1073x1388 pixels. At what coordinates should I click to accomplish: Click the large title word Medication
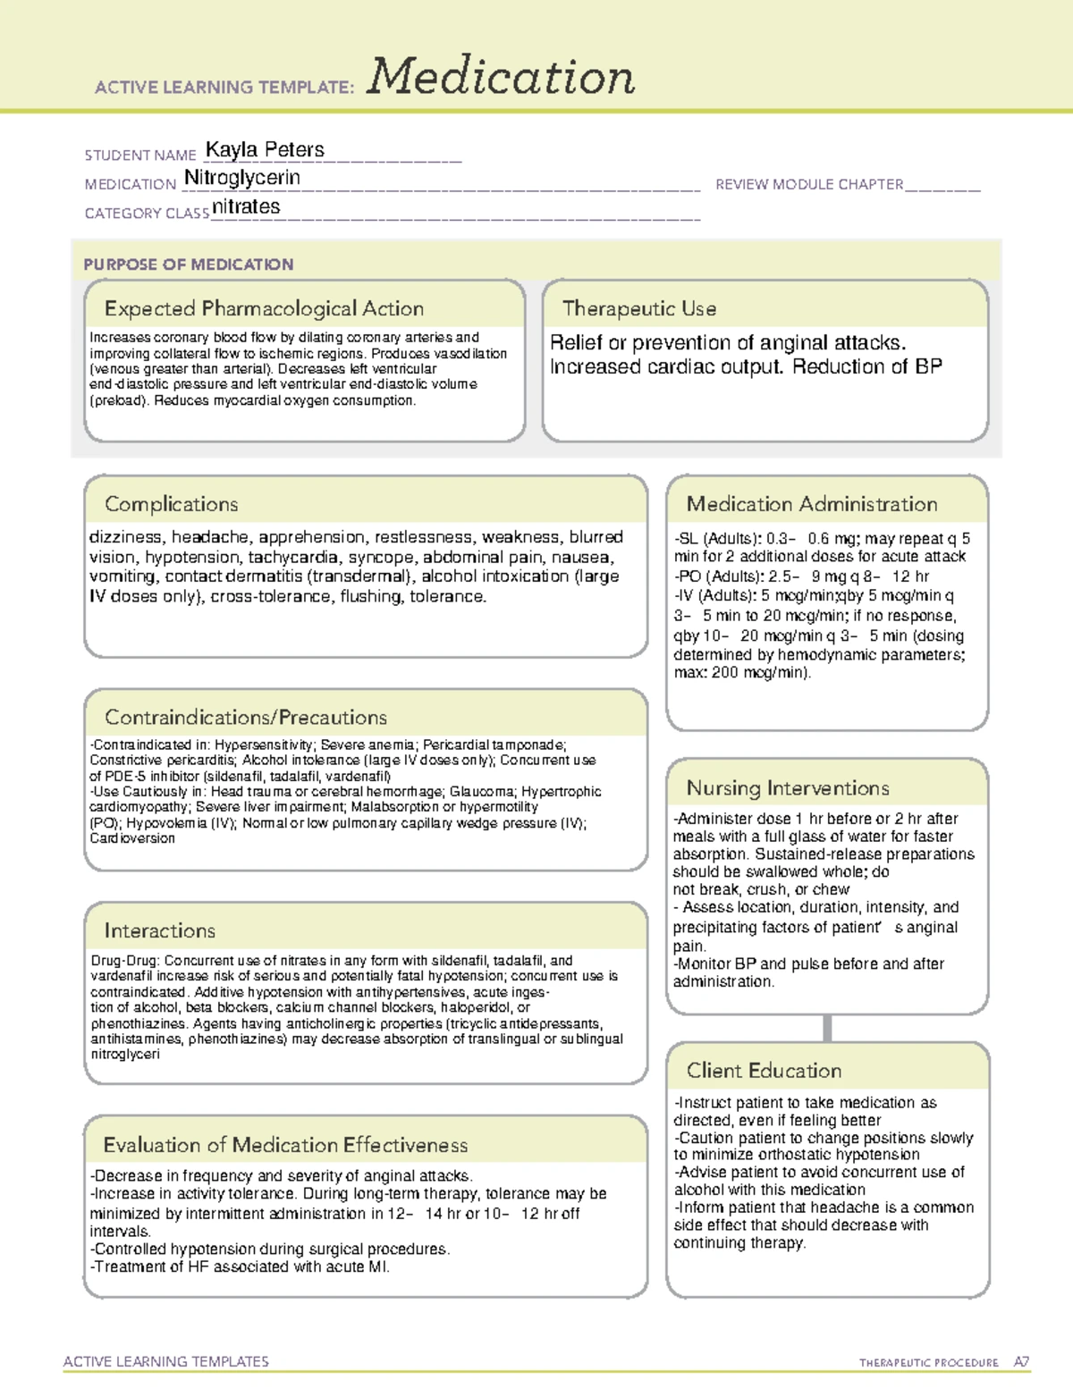point(501,77)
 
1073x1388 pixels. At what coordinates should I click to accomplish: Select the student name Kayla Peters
point(265,150)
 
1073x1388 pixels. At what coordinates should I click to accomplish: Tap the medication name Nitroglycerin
point(241,178)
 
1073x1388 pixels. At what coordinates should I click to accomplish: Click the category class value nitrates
point(246,207)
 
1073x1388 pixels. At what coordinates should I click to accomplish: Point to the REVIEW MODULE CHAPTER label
point(809,184)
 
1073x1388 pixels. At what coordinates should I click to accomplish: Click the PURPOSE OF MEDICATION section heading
point(188,265)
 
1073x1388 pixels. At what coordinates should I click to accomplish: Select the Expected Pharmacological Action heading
point(264,308)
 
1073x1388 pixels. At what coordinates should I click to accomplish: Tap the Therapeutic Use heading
point(639,308)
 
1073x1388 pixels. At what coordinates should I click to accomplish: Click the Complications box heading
point(171,504)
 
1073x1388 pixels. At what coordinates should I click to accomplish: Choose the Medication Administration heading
point(812,504)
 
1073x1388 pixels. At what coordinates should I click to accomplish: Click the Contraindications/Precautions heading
point(246,717)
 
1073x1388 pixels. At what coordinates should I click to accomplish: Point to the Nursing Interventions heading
point(788,787)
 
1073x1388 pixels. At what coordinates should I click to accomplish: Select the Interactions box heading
point(159,930)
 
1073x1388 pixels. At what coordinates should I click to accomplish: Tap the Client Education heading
point(764,1070)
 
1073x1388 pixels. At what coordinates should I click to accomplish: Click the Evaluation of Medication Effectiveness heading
point(285,1145)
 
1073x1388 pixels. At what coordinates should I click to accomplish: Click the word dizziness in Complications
point(125,537)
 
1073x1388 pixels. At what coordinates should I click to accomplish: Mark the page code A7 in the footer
point(1021,1362)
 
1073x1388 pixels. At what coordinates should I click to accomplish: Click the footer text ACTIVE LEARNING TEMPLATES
point(165,1361)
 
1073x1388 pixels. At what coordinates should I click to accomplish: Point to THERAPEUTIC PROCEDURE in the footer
point(929,1363)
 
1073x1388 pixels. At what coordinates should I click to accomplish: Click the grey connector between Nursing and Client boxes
point(827,1028)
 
